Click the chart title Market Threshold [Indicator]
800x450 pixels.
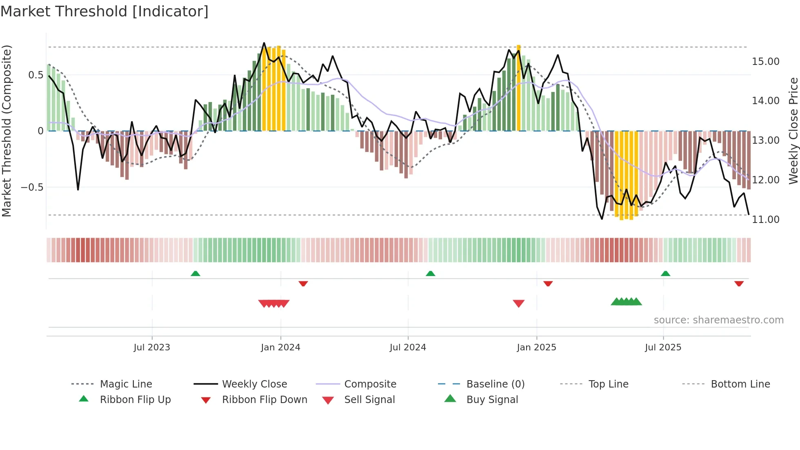click(x=104, y=11)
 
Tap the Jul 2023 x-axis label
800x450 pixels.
click(x=152, y=348)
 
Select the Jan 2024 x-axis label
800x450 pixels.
click(x=280, y=348)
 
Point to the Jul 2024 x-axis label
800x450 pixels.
click(x=408, y=348)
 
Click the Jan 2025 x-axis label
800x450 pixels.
click(x=536, y=348)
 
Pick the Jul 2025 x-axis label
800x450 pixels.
click(x=663, y=348)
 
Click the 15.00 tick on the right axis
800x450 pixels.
click(x=765, y=62)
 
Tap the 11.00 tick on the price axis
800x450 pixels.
click(x=765, y=220)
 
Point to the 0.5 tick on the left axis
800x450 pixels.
click(x=36, y=75)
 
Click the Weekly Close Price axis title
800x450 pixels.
click(x=793, y=131)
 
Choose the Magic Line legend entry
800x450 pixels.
click(x=126, y=384)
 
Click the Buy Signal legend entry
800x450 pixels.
click(x=492, y=400)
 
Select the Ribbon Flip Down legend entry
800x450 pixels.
click(x=264, y=400)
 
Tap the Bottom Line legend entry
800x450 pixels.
click(x=740, y=384)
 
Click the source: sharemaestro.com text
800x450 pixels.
click(x=718, y=320)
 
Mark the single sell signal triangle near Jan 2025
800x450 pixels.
click(x=518, y=303)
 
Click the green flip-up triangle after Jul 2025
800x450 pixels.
click(x=665, y=274)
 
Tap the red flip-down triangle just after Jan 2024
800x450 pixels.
click(x=303, y=283)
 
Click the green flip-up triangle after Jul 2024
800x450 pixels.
click(x=430, y=274)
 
